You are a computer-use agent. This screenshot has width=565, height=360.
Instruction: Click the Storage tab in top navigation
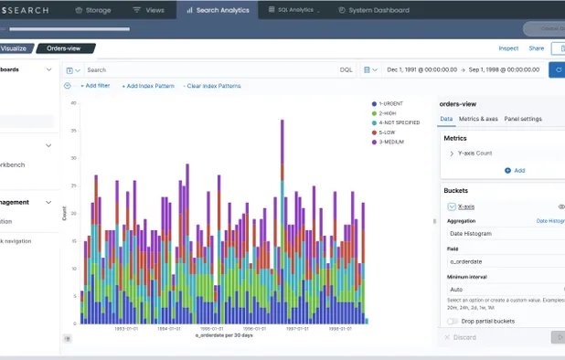[x=93, y=10]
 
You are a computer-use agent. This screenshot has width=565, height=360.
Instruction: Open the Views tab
[x=149, y=10]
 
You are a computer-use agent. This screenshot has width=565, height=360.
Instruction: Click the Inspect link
[x=508, y=48]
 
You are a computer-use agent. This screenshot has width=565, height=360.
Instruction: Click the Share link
[x=536, y=48]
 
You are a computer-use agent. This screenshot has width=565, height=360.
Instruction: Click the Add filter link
[x=95, y=86]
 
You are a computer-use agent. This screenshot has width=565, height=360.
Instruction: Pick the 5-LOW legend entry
[x=385, y=132]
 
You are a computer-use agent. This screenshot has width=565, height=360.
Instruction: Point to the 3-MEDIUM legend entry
[x=389, y=142]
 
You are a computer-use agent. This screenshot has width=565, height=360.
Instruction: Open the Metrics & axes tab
[x=478, y=119]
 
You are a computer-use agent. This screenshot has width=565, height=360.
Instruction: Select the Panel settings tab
[x=523, y=119]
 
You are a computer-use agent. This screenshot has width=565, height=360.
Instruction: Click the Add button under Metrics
[x=514, y=171]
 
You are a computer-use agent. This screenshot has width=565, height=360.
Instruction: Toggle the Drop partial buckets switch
[x=451, y=321]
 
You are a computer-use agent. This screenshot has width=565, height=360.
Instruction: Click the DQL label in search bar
[x=346, y=69]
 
